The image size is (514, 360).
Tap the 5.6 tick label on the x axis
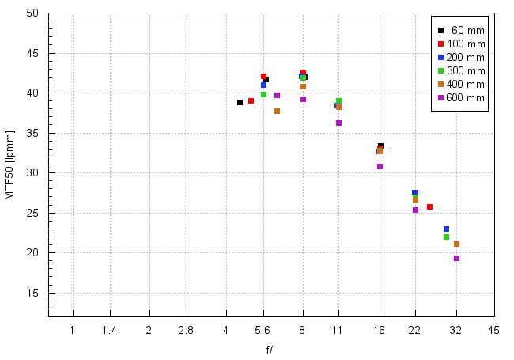coord(263,328)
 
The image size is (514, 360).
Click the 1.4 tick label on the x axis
coord(110,328)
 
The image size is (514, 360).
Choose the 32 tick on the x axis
coord(456,328)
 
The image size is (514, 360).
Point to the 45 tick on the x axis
coord(493,328)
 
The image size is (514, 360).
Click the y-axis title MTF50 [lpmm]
coord(10,165)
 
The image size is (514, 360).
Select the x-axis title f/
coord(270,349)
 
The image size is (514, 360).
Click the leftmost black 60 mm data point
coord(240,102)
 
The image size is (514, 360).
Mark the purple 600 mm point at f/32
coord(456,258)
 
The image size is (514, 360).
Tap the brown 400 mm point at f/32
coord(456,244)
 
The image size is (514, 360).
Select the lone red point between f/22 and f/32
coord(429,207)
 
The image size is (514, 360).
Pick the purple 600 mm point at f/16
coord(380,166)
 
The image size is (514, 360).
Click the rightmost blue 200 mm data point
coord(446,229)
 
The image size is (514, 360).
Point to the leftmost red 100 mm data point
coord(251,100)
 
